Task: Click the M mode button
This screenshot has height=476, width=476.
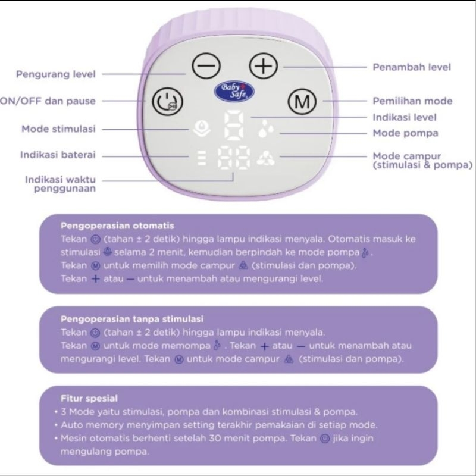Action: point(303,102)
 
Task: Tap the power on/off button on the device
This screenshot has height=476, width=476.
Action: point(163,101)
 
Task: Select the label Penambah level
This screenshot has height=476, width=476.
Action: point(412,67)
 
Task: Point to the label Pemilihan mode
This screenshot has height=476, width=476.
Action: point(412,101)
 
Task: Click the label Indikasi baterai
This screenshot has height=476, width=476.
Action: point(58,155)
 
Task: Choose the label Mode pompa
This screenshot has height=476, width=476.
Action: point(405,132)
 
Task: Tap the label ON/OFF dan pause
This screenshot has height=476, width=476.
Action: point(48,101)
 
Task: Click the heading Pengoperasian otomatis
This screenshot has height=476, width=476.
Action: point(117,226)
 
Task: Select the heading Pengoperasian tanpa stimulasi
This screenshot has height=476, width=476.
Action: point(132,318)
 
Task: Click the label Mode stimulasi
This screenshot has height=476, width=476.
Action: point(58,129)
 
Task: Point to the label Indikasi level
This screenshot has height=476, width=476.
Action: point(405,117)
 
